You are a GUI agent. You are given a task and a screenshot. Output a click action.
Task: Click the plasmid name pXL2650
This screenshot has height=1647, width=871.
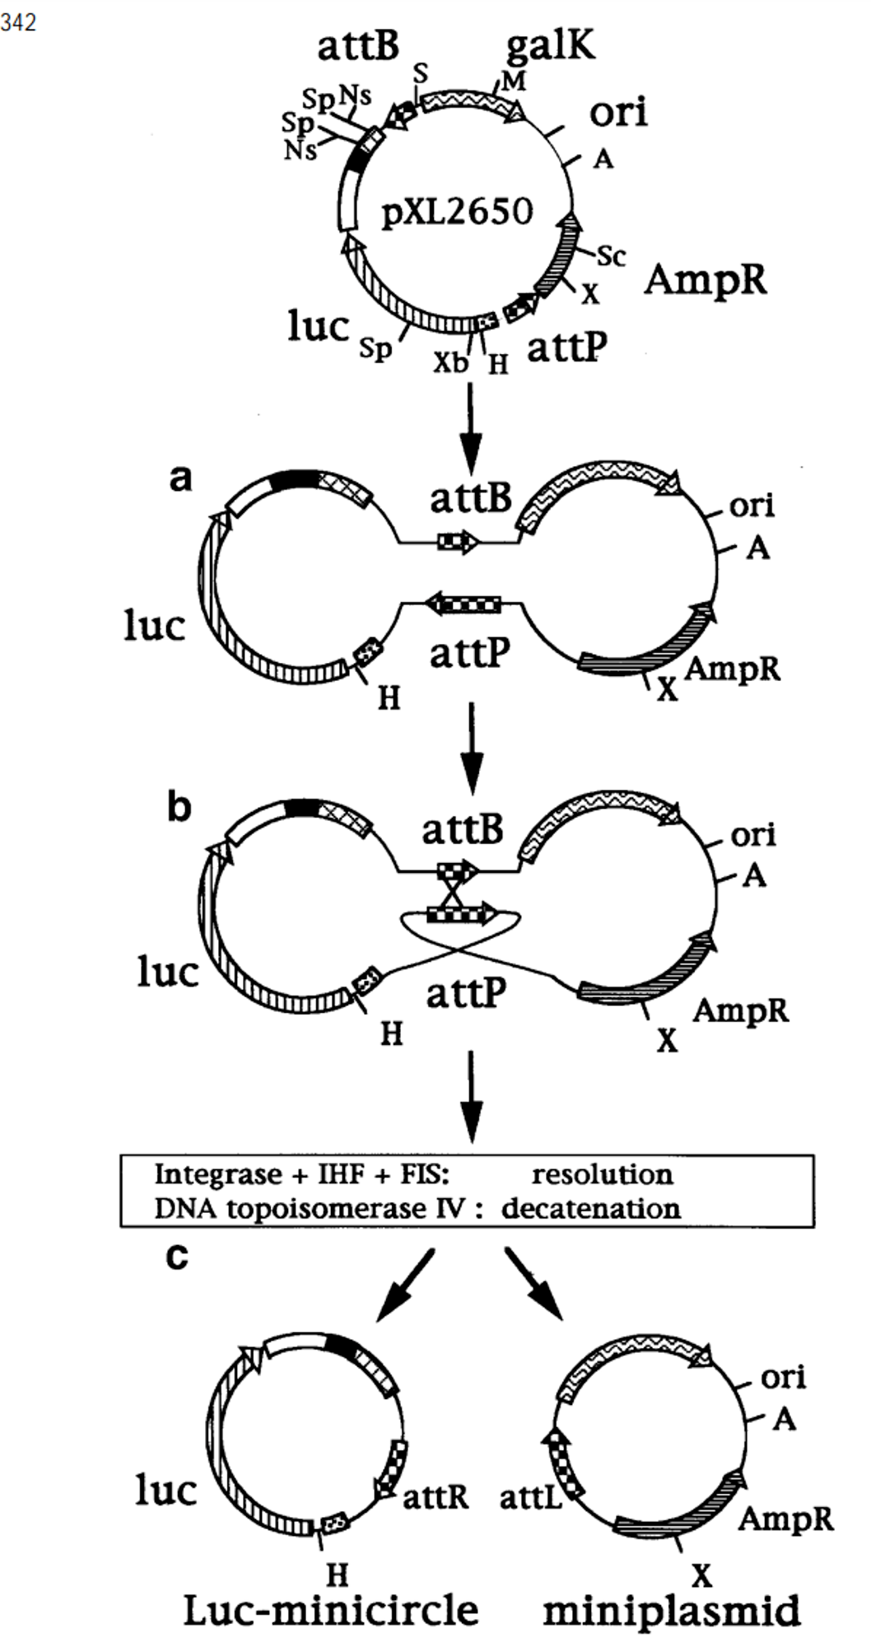tap(458, 212)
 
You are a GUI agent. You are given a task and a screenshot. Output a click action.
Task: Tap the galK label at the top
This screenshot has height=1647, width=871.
tap(550, 46)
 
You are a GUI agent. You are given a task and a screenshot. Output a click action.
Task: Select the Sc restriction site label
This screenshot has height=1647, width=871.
tap(611, 256)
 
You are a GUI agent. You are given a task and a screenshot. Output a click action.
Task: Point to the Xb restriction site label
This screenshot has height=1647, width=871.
tap(450, 362)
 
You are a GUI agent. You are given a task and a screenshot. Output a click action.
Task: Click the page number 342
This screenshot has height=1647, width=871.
tap(18, 22)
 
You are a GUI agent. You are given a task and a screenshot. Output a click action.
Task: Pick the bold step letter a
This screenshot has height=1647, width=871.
tap(180, 478)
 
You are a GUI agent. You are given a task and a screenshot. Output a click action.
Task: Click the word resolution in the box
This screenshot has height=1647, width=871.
tap(602, 1173)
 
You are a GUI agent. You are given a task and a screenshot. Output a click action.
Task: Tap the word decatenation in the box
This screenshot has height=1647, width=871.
tap(591, 1208)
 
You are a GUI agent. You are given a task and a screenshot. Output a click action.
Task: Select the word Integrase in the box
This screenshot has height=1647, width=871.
tap(207, 1174)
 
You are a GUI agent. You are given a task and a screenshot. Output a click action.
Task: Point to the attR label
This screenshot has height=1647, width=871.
tap(435, 1495)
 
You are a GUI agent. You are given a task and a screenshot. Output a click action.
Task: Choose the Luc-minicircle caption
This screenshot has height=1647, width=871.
tap(330, 1610)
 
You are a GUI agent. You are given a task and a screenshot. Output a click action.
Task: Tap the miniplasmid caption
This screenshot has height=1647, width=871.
tap(672, 1611)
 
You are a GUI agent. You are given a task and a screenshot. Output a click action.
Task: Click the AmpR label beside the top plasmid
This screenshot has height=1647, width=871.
tap(706, 280)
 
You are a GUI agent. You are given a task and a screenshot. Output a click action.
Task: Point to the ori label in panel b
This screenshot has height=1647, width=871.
tap(753, 835)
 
